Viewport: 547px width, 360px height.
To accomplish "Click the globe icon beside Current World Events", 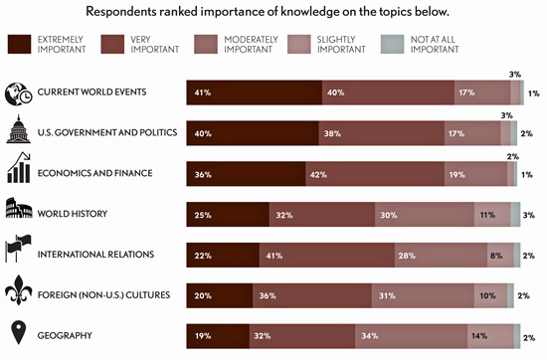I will coord(19,92).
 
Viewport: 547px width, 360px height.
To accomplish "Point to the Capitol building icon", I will coord(19,131).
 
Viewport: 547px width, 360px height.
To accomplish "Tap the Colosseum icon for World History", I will coord(19,212).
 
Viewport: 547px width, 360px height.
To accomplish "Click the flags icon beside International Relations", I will coord(19,252).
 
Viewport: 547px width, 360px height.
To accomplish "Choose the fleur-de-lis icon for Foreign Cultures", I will coord(19,292).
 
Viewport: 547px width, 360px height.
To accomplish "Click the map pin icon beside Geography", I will coord(19,333).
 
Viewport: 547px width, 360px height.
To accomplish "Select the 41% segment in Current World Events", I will coord(254,92).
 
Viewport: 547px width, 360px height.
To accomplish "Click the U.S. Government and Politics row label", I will coord(106,132).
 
